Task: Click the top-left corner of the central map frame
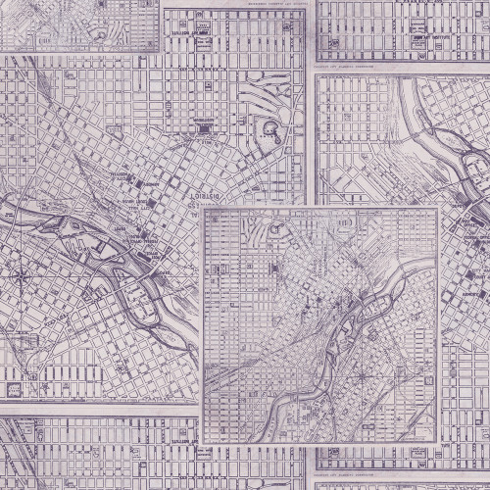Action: (200, 206)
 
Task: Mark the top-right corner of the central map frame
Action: (441, 206)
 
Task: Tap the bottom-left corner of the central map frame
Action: (200, 415)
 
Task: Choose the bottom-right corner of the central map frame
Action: (441, 415)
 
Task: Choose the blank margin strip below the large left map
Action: (98, 407)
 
